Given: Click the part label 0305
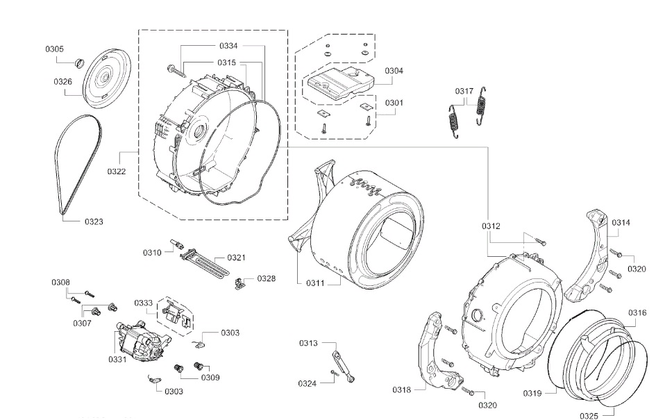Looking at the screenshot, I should (x=54, y=49).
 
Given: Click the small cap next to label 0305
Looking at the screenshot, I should (x=78, y=63).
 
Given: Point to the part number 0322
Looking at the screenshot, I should (x=116, y=171).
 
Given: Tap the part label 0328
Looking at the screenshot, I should (x=266, y=278).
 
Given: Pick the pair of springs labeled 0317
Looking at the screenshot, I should (x=465, y=115).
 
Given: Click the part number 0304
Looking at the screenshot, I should (x=394, y=71).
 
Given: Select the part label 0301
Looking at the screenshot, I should (x=394, y=103).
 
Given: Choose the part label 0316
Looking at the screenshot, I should (x=637, y=313).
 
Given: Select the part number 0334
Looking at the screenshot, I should (x=228, y=45).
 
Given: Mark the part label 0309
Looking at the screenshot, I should (x=210, y=377).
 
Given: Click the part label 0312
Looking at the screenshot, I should (x=491, y=226).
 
